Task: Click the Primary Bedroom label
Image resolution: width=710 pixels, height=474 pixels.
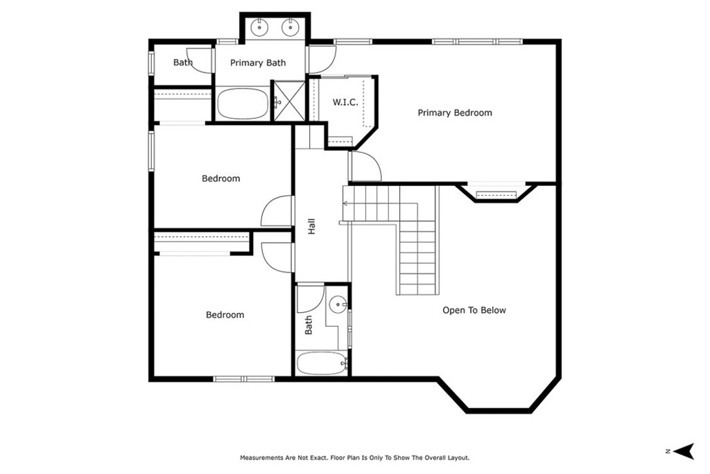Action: coord(455,113)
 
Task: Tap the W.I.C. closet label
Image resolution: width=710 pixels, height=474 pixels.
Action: coord(345,103)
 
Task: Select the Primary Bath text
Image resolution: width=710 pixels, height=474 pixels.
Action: coord(258,63)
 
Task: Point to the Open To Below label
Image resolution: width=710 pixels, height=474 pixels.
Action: coord(474,310)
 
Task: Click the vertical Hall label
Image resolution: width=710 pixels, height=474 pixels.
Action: coord(311,226)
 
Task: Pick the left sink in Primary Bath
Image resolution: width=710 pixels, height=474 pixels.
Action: coord(259,28)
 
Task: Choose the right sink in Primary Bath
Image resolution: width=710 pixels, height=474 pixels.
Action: coord(291,28)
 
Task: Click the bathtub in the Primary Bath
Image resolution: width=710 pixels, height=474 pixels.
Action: coord(243,103)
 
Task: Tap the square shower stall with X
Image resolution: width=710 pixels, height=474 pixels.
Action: coord(288,101)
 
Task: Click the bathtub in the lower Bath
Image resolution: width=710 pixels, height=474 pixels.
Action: coord(322,363)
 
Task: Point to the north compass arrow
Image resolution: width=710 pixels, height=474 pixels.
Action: coord(684,451)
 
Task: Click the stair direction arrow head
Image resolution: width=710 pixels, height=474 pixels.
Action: coord(345,203)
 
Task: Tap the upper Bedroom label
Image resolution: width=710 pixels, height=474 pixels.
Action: coord(221,178)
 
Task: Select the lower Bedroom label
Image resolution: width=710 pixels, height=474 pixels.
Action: coord(225,315)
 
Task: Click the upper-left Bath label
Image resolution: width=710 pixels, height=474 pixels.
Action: coord(183,62)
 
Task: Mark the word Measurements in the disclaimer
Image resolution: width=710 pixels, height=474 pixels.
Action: coord(261,457)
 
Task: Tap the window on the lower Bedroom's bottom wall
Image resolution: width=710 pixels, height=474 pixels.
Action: coord(244,379)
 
